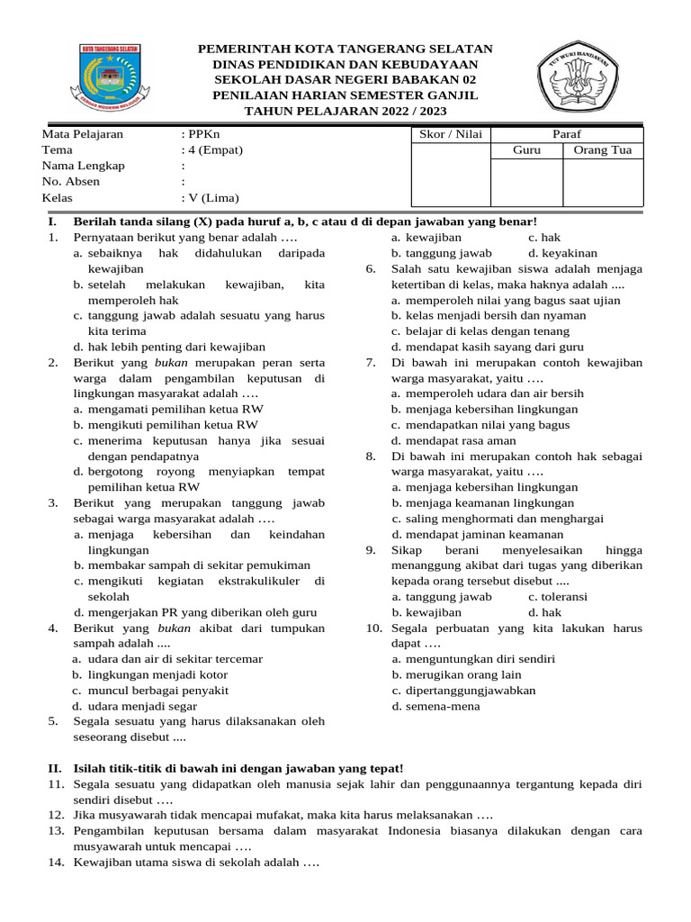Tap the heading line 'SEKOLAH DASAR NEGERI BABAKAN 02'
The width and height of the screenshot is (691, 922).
(x=345, y=79)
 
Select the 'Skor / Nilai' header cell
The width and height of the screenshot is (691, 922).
(x=451, y=134)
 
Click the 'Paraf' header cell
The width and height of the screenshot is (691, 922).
(x=567, y=134)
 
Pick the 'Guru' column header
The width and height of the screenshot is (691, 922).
(x=526, y=150)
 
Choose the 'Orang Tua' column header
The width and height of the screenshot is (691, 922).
(x=603, y=150)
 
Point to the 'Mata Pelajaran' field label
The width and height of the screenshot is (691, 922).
(x=83, y=134)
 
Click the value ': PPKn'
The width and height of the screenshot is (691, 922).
(x=200, y=134)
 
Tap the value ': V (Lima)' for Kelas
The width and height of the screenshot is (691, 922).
(x=211, y=198)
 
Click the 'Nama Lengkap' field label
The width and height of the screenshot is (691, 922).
(x=83, y=166)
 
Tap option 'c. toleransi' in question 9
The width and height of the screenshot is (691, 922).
(x=558, y=596)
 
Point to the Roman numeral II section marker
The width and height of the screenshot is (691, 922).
(x=54, y=767)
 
